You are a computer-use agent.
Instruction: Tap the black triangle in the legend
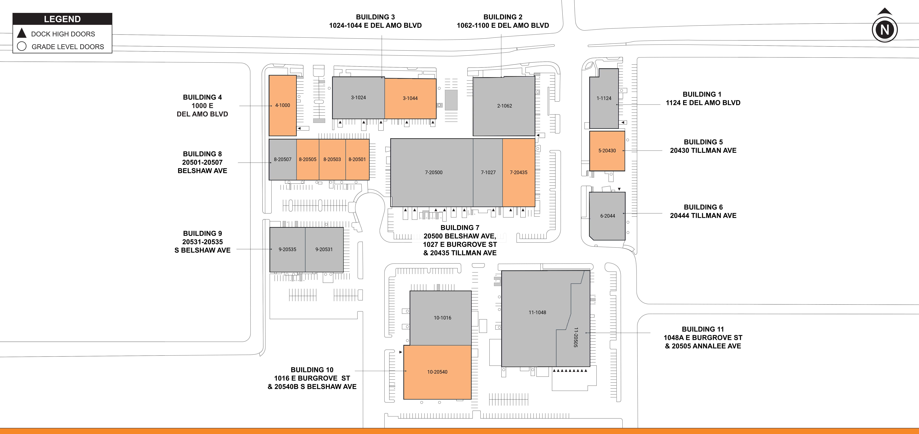coord(22,33)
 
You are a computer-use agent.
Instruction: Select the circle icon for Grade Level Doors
coord(22,46)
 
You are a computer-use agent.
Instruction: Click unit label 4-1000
coord(283,105)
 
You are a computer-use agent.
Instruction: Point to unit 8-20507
coord(283,159)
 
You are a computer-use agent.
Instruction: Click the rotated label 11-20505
coord(575,337)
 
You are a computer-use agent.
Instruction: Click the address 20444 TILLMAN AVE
coord(703,215)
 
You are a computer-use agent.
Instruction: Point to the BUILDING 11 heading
coord(703,329)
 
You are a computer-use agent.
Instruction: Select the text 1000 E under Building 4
coord(202,106)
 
